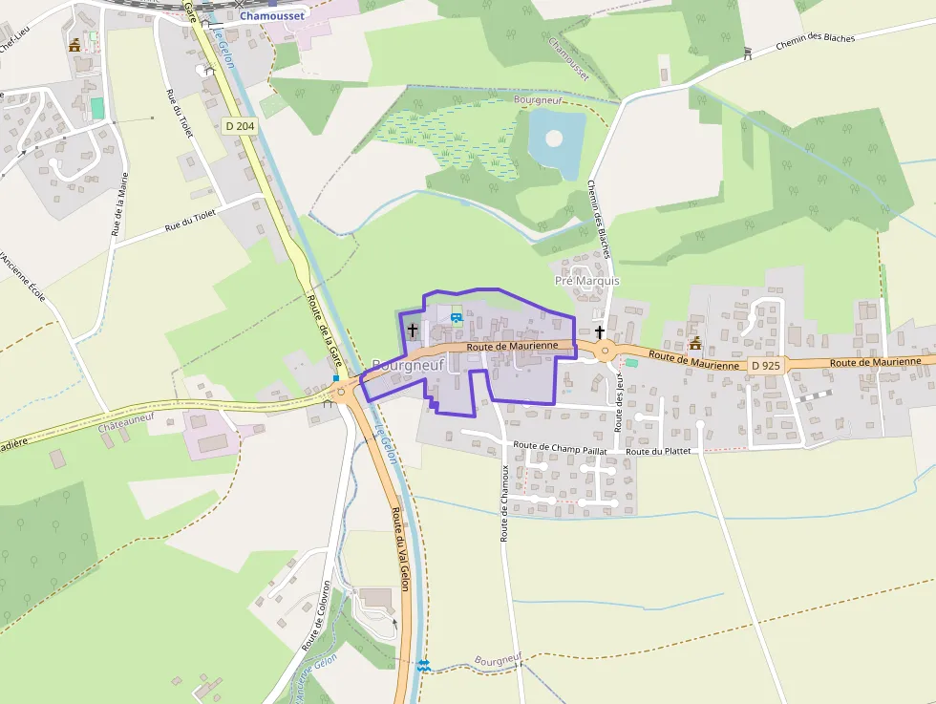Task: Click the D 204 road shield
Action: coord(240,125)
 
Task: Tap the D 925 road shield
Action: coord(766,365)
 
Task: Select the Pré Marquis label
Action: coord(586,281)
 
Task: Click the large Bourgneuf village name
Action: coord(408,364)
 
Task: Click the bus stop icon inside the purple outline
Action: coord(456,316)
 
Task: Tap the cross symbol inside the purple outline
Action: coord(413,331)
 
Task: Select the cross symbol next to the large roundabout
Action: coord(600,331)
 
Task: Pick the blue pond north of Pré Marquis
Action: coord(555,139)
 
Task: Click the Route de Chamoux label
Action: coord(505,502)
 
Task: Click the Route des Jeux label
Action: coord(619,407)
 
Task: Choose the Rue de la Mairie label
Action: coord(119,204)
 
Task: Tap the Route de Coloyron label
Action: coord(315,616)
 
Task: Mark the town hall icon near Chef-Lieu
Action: coord(74,45)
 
